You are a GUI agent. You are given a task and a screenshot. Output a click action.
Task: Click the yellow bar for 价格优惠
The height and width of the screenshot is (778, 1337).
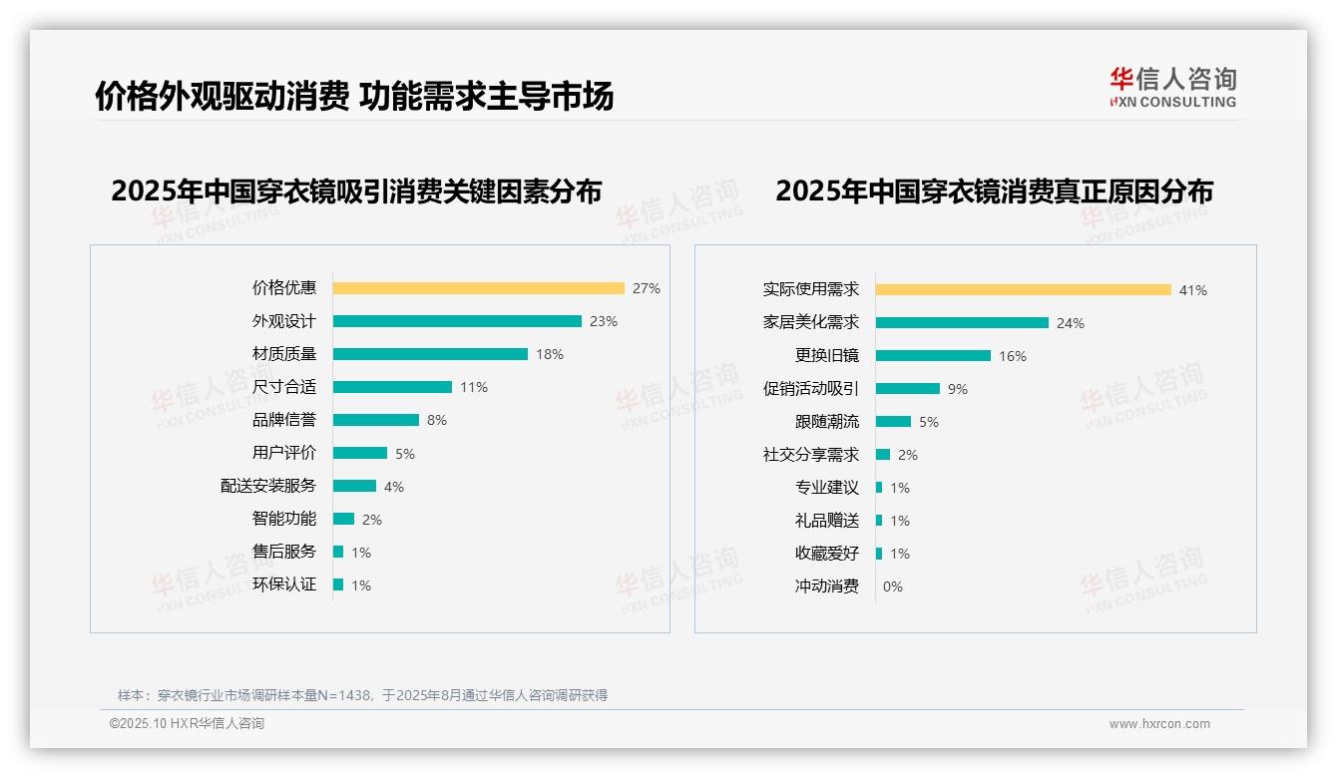point(478,288)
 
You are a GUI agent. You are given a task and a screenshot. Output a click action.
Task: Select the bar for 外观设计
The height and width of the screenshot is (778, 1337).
point(457,321)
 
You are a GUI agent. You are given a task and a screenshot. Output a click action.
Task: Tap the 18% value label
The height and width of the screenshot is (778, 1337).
point(550,354)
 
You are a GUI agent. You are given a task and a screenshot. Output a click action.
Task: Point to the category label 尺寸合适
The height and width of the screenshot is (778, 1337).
point(284,387)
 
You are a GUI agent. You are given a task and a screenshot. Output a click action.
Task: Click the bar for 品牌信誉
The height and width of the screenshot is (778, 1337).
point(376,420)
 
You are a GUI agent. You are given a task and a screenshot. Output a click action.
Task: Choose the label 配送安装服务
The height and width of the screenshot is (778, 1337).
point(268,486)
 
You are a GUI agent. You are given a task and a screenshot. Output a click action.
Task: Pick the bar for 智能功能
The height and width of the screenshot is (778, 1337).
point(343,519)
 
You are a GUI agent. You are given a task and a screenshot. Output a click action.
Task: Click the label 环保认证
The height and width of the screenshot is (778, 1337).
point(284,584)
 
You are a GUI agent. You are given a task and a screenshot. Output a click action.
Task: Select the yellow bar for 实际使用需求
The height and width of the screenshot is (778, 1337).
point(1024,290)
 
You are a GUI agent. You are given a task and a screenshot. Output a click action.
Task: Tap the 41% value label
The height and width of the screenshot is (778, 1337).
point(1193,290)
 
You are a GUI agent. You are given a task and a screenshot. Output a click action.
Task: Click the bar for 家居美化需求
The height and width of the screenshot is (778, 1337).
point(962,323)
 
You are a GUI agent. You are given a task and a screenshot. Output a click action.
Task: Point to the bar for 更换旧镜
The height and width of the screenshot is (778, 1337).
point(933,356)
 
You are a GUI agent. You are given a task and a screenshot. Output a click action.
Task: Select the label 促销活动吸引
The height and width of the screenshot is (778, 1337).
point(811,389)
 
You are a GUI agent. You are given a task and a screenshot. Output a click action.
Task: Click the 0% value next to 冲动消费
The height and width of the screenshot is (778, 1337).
point(893,586)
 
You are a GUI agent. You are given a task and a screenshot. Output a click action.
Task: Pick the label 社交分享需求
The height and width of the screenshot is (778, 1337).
point(811,455)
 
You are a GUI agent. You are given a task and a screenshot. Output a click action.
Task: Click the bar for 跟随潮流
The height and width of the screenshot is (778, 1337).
point(893,422)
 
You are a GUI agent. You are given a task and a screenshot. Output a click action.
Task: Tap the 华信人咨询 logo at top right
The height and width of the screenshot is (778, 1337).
point(1172,87)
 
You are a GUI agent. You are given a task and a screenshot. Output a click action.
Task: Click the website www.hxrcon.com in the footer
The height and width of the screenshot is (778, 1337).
point(1159,724)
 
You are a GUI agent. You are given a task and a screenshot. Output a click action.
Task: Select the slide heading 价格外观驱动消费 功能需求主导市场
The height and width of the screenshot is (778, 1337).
point(354,96)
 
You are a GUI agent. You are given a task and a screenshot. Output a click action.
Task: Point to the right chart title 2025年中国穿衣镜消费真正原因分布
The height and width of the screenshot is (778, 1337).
point(994,192)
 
